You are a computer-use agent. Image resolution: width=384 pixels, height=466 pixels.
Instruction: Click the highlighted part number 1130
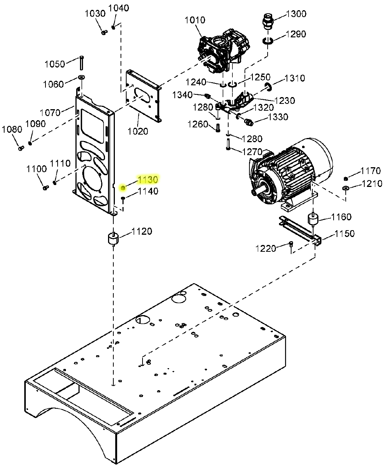(147, 179)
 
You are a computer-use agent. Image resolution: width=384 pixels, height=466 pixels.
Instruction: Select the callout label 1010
(195, 20)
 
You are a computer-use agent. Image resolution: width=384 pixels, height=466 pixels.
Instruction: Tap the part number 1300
(296, 14)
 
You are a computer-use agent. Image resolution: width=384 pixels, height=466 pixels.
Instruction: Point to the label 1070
(50, 112)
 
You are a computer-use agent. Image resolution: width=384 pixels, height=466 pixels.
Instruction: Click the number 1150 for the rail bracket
(345, 234)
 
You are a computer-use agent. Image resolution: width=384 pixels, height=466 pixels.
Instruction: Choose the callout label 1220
(266, 249)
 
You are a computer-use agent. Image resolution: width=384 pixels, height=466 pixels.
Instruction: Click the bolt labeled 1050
(82, 63)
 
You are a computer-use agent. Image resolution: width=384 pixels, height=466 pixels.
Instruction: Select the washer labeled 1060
(81, 78)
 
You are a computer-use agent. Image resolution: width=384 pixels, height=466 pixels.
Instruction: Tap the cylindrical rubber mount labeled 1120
(112, 239)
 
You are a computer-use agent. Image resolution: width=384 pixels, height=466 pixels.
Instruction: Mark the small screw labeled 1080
(21, 147)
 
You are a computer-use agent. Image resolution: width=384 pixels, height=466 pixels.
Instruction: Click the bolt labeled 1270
(228, 144)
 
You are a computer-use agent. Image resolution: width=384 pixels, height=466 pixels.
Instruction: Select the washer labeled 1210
(346, 188)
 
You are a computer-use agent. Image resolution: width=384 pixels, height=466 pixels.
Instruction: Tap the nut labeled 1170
(346, 179)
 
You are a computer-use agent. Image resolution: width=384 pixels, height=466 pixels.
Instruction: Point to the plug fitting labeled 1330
(249, 122)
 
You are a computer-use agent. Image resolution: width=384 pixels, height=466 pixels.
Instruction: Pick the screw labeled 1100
(46, 187)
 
